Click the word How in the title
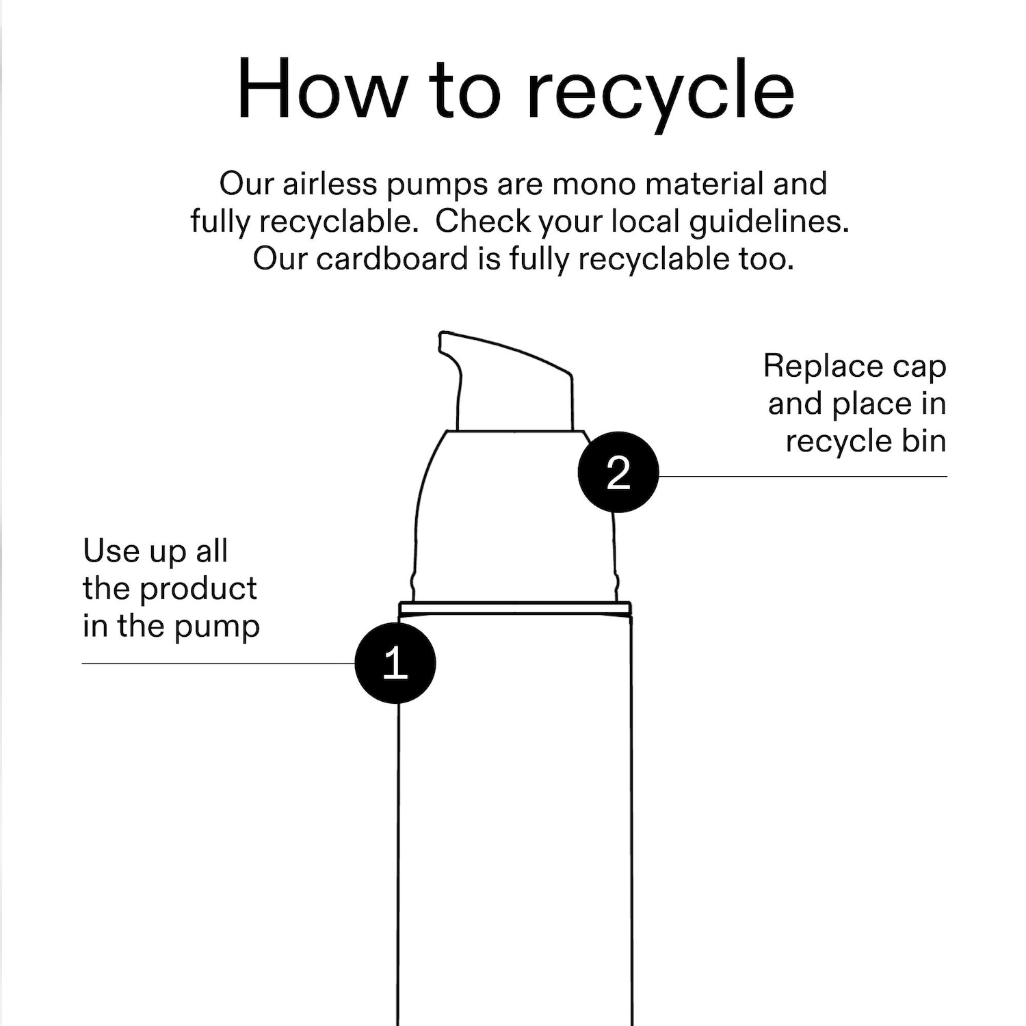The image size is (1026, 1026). coord(321,89)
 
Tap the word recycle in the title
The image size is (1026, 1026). coord(659,96)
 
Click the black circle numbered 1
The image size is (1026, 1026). coord(395,663)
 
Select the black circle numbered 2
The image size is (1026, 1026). coord(618,472)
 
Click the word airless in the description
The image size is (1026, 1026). coord(330,184)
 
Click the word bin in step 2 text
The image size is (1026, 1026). coord(924,440)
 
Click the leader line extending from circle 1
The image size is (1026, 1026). coord(219,663)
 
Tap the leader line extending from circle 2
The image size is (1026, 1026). coord(802,476)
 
